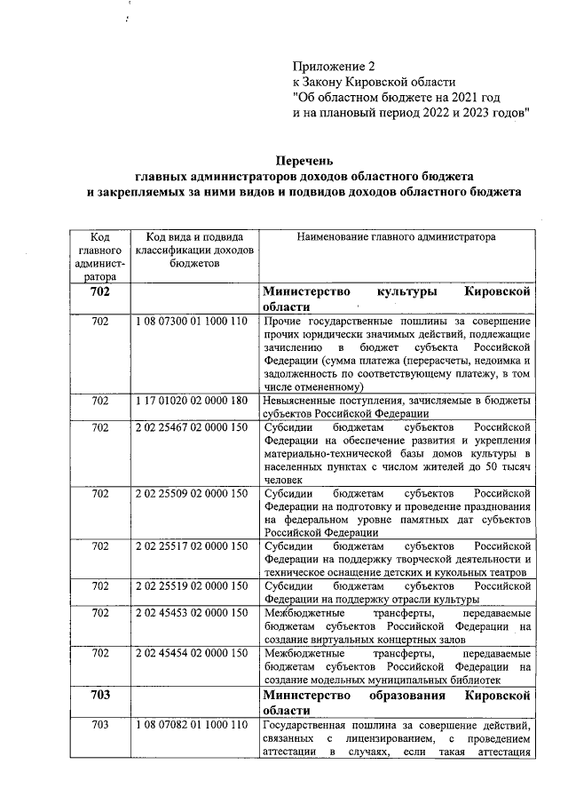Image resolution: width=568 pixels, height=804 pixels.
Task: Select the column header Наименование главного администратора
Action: point(397,237)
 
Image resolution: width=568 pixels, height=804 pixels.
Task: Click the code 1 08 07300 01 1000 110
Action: point(191,321)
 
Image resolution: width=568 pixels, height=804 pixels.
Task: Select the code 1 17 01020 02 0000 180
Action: point(191,401)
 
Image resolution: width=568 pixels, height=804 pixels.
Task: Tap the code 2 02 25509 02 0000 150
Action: point(191,493)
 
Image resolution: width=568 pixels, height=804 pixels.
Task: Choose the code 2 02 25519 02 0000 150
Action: point(191,585)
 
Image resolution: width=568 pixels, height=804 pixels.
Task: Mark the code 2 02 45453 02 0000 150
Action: point(191,612)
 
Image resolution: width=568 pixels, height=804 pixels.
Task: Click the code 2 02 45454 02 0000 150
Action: point(191,653)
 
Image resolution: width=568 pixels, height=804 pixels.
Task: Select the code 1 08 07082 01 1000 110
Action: point(191,725)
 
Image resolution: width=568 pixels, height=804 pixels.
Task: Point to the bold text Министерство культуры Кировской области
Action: point(397,299)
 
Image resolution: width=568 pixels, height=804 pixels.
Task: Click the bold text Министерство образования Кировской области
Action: point(397,702)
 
